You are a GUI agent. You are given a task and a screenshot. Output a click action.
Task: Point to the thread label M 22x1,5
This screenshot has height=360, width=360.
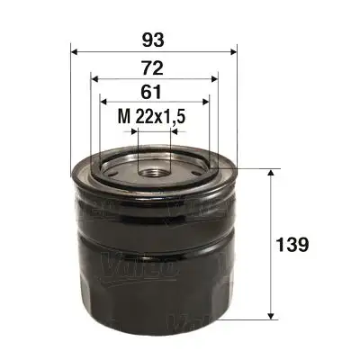(x=154, y=117)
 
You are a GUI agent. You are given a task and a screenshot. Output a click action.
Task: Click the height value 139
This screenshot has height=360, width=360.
(x=294, y=244)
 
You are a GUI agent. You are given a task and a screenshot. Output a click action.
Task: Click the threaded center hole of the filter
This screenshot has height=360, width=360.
(x=154, y=167)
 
